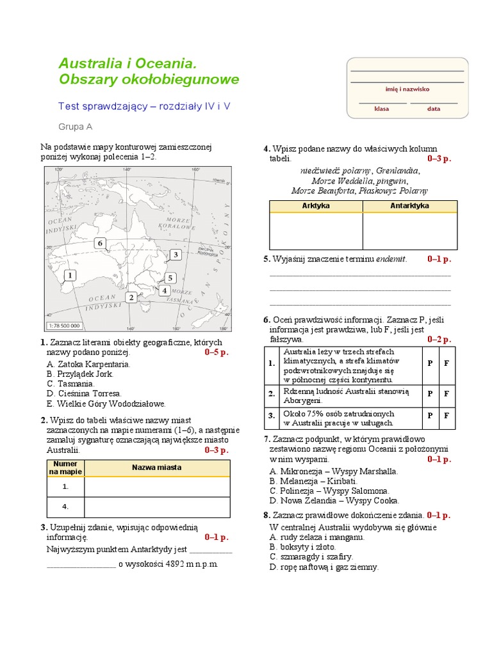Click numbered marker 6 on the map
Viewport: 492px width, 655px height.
click(x=99, y=243)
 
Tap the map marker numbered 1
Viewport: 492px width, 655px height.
click(x=69, y=275)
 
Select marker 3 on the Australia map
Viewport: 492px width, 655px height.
click(x=175, y=255)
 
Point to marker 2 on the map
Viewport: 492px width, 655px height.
click(x=131, y=297)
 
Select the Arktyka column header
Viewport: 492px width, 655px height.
click(x=315, y=206)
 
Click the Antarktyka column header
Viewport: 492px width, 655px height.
click(x=409, y=206)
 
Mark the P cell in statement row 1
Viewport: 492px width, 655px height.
click(x=429, y=363)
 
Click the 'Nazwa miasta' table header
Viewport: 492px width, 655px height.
click(x=157, y=468)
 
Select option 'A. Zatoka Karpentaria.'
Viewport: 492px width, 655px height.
click(x=88, y=364)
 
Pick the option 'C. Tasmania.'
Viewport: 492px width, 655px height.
click(x=70, y=384)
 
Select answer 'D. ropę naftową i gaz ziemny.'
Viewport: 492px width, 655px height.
click(x=324, y=567)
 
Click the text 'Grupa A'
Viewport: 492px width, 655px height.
click(x=76, y=127)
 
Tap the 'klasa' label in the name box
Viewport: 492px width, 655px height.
click(x=382, y=109)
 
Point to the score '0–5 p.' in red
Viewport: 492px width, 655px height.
click(x=217, y=352)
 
